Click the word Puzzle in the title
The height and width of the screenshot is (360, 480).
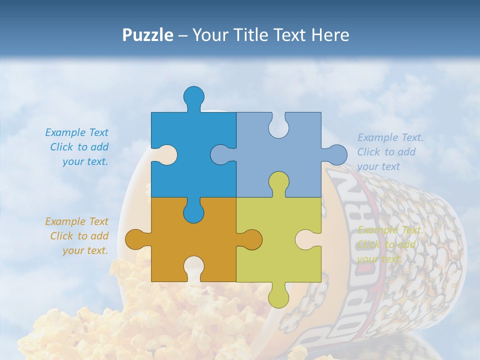[148, 35]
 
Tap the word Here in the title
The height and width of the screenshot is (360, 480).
[330, 35]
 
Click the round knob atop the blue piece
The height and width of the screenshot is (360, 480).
[193, 96]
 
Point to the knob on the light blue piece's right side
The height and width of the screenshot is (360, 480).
[336, 154]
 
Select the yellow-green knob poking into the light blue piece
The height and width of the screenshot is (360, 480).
[278, 182]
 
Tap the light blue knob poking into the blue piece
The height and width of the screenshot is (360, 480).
[220, 154]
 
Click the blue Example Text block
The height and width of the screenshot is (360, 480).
[78, 147]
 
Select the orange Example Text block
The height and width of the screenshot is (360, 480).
[78, 236]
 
